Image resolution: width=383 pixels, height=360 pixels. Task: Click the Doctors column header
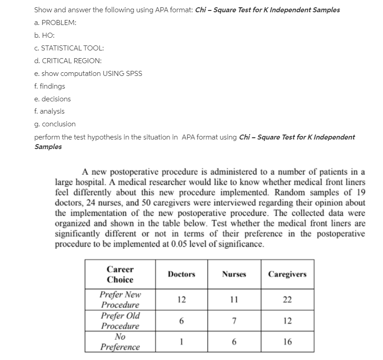click(181, 274)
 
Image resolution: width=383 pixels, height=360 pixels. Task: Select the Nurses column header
click(234, 274)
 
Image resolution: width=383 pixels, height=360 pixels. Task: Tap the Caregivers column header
click(287, 274)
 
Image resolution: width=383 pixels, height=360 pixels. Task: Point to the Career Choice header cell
click(120, 274)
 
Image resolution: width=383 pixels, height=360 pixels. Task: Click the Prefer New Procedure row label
click(120, 300)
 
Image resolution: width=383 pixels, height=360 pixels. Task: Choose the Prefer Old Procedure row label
click(120, 321)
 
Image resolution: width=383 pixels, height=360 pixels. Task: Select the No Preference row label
click(120, 342)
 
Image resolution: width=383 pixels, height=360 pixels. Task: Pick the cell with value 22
click(287, 300)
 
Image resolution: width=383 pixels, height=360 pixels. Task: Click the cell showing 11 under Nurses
click(234, 300)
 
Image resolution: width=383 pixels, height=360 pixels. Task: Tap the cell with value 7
click(234, 321)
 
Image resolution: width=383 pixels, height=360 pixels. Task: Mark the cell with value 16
click(287, 342)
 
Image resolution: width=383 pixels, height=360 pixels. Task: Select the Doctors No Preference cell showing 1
click(181, 342)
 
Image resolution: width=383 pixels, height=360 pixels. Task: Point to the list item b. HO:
click(44, 35)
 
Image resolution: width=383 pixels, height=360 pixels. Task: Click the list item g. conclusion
click(55, 124)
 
